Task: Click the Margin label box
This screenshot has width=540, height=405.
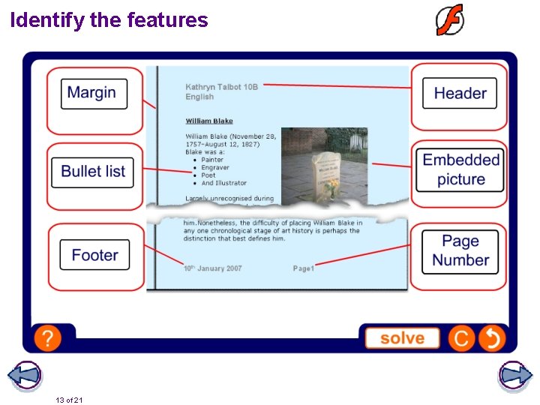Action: pos(94,94)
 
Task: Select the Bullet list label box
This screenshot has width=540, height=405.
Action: pos(94,171)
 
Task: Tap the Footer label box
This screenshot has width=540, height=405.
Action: pos(94,255)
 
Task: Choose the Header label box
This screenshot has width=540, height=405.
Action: pos(460,94)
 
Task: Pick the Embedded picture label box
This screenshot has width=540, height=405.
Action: pos(460,169)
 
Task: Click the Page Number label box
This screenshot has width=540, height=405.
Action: pos(460,251)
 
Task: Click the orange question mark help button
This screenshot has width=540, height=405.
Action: pos(47,338)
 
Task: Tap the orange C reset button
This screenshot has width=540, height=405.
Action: pos(461,339)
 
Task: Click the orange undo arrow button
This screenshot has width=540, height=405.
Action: pos(491,339)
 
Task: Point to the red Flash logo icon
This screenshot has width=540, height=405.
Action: pos(450,19)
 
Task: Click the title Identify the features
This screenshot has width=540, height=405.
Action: pos(109,20)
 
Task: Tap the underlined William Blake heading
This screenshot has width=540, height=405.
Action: pos(209,121)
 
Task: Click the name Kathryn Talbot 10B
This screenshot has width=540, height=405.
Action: pos(221,87)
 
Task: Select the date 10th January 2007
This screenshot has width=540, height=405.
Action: pos(213,268)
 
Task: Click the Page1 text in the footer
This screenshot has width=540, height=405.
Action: pos(303,268)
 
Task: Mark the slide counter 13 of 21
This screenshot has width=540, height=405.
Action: pos(69,400)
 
